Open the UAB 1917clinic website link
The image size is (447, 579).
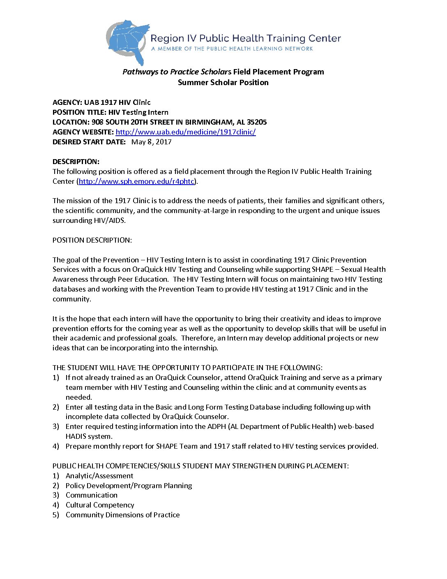pyautogui.click(x=186, y=132)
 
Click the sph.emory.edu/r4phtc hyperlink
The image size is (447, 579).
pyautogui.click(x=136, y=181)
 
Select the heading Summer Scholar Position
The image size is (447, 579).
pyautogui.click(x=223, y=82)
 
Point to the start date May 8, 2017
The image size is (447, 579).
pyautogui.click(x=151, y=142)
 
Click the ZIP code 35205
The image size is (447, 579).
pyautogui.click(x=257, y=122)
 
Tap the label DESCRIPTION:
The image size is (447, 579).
pyautogui.click(x=76, y=162)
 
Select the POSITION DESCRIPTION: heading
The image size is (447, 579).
pyautogui.click(x=92, y=240)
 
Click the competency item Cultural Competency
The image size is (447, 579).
pyautogui.click(x=100, y=505)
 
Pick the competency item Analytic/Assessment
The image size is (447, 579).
pyautogui.click(x=99, y=476)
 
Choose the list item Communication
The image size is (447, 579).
pyautogui.click(x=92, y=495)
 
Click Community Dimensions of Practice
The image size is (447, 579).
pyautogui.click(x=122, y=515)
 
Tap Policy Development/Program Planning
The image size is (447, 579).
pyautogui.click(x=129, y=486)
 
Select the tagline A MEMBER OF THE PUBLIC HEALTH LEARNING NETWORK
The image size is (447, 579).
pyautogui.click(x=232, y=49)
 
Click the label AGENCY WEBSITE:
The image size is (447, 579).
pyautogui.click(x=83, y=132)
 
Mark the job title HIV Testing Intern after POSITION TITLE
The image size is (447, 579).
pyautogui.click(x=138, y=112)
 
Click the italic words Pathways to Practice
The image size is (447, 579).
pyautogui.click(x=161, y=72)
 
